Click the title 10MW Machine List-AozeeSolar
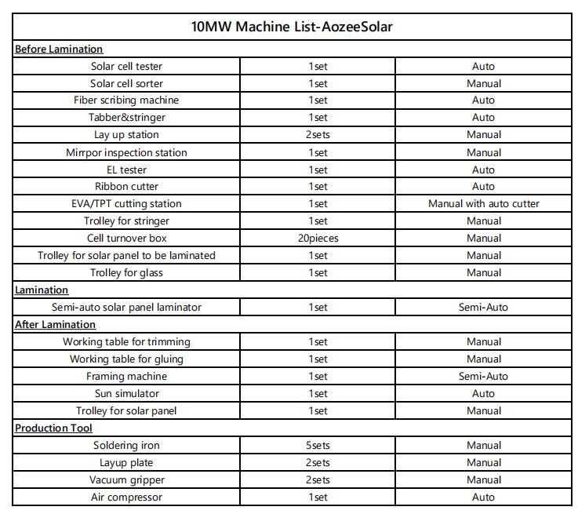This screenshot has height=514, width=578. click(292, 27)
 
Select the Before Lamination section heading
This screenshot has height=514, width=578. click(59, 49)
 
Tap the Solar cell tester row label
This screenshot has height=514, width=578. click(126, 67)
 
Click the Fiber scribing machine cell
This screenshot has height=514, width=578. click(126, 100)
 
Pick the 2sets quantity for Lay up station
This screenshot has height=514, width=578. click(318, 135)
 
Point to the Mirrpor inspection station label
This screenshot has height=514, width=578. click(126, 152)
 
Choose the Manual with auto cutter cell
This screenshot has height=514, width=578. click(483, 204)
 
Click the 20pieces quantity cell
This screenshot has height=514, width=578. click(318, 239)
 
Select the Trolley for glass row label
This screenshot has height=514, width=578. click(126, 273)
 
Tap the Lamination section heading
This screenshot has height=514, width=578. click(42, 290)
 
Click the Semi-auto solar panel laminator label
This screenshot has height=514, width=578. click(126, 308)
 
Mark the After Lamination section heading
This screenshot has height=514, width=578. click(55, 325)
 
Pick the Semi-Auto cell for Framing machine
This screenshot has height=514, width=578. click(483, 377)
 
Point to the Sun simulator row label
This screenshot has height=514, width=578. click(126, 394)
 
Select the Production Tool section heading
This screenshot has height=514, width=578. click(53, 428)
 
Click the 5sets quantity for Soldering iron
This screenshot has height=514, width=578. click(318, 446)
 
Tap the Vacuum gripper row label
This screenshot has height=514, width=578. click(126, 480)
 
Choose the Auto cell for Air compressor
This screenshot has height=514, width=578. click(483, 498)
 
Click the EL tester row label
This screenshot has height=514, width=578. click(126, 170)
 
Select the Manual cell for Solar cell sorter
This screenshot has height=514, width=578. click(483, 84)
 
